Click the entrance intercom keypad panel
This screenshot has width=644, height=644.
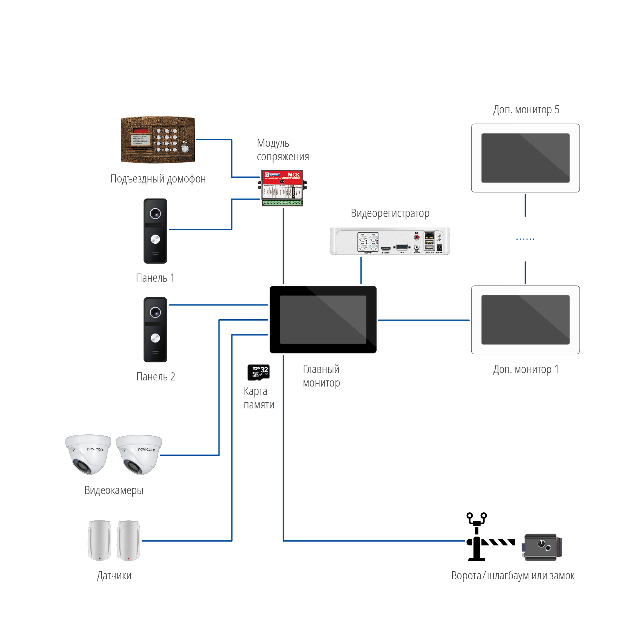tap(158, 140)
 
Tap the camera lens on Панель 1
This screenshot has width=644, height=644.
tap(155, 213)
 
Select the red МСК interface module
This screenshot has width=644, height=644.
tap(282, 188)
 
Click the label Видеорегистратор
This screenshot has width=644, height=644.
tap(390, 213)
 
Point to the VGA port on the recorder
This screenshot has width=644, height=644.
tap(402, 247)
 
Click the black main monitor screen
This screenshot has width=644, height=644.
tap(323, 319)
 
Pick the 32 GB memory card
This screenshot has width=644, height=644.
tap(258, 372)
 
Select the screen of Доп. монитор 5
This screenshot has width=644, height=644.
tap(525, 158)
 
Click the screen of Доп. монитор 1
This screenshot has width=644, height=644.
tap(525, 320)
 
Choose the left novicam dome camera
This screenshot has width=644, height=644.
tap(88, 454)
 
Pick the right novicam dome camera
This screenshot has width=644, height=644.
tap(139, 454)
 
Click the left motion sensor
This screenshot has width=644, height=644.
tap(99, 540)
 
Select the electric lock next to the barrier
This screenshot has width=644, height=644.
tap(542, 547)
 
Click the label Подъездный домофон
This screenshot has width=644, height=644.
tap(158, 179)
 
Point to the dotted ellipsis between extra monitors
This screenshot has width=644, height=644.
tap(525, 239)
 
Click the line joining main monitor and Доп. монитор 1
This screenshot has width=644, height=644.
tap(423, 320)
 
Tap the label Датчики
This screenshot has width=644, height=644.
tap(114, 576)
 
